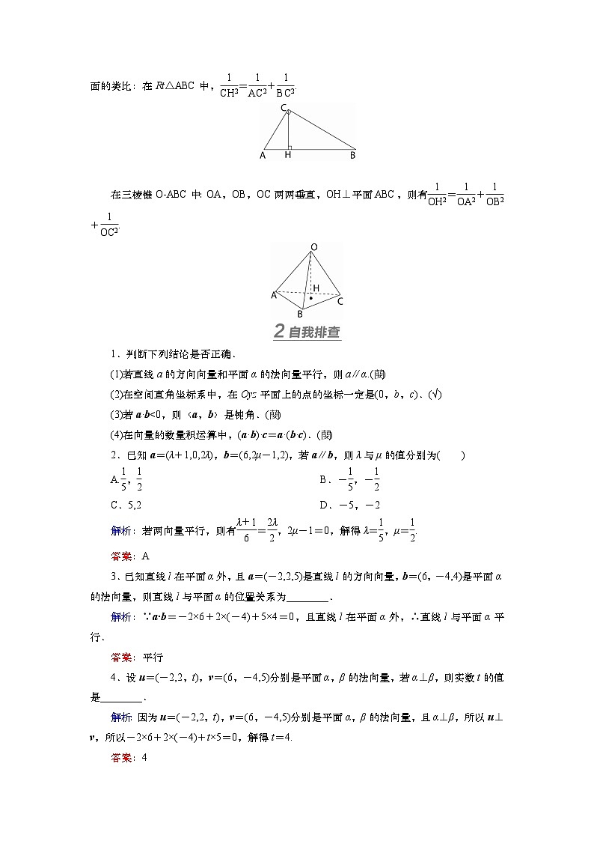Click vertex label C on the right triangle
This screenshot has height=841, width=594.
click(x=284, y=109)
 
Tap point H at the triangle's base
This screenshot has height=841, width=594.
click(x=287, y=156)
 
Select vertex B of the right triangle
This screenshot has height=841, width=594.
click(x=352, y=156)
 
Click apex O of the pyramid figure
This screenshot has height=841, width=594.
click(x=313, y=246)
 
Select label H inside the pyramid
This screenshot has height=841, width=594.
click(x=316, y=288)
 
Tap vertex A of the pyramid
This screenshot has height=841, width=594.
click(x=274, y=296)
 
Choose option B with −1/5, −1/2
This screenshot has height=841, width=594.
click(x=349, y=479)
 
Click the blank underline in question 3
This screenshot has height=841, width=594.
click(x=307, y=597)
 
